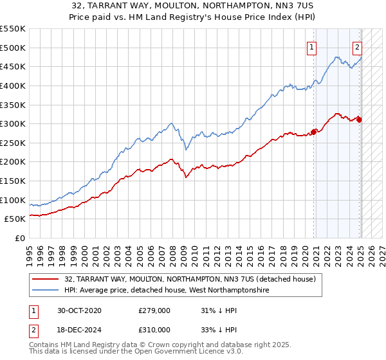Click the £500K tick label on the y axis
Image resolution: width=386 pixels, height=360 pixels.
(13, 48)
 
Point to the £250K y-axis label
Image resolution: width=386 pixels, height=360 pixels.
(13, 143)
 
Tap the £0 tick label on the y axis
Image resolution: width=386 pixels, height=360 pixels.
(20, 238)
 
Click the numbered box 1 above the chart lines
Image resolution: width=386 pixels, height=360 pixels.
(312, 46)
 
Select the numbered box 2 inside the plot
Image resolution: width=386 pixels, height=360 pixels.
(357, 46)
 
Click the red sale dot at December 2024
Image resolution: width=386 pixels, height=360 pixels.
(359, 120)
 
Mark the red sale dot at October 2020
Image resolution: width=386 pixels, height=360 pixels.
(314, 132)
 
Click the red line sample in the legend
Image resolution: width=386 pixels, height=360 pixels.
(46, 280)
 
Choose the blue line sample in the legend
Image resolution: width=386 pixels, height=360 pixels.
(46, 291)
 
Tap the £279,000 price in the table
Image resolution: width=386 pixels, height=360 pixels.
(154, 310)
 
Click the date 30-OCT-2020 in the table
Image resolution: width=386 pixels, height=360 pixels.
(79, 310)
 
